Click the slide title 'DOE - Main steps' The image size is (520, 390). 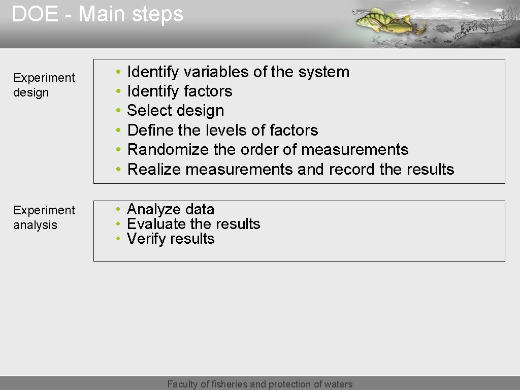click(x=97, y=14)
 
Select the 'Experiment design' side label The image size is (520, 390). click(x=44, y=85)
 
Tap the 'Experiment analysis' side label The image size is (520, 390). click(x=44, y=217)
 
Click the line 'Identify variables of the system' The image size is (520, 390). click(x=238, y=72)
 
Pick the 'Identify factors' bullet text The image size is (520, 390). click(x=179, y=91)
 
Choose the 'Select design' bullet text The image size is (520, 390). click(x=175, y=111)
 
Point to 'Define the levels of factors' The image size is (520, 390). click(x=222, y=131)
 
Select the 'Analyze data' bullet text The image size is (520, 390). click(x=171, y=209)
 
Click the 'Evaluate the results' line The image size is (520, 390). click(x=193, y=224)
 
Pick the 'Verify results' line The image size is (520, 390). click(x=171, y=239)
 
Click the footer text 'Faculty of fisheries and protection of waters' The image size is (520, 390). click(x=260, y=384)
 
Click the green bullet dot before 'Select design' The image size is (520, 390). click(x=117, y=111)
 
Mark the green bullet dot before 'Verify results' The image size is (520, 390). click(x=117, y=239)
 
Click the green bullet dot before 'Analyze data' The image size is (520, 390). click(x=117, y=210)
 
